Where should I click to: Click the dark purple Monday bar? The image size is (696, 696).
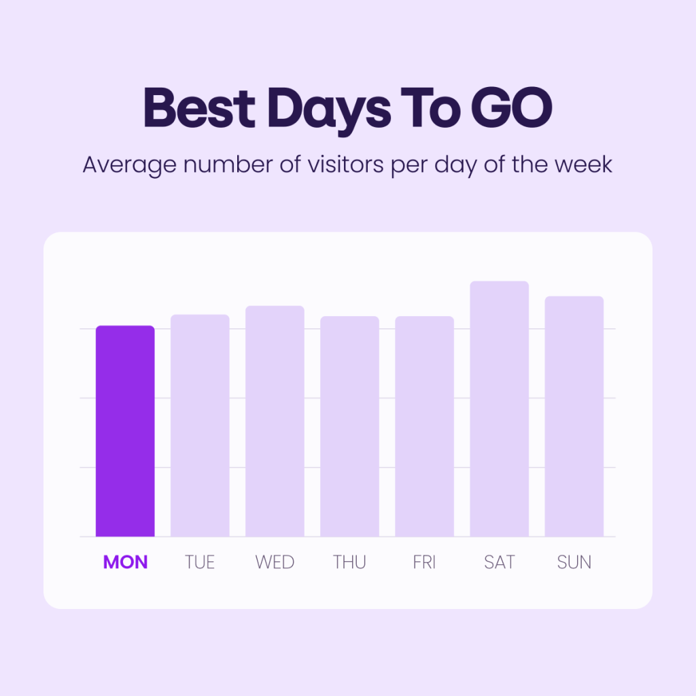(x=125, y=431)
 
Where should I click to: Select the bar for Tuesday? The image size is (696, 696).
(x=201, y=425)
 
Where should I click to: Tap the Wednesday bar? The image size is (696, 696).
(x=275, y=421)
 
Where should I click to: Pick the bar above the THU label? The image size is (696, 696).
(x=350, y=427)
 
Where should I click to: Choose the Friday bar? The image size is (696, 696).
(x=424, y=427)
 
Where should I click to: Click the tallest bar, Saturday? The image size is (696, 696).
(x=500, y=408)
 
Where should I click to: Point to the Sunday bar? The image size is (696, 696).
(x=574, y=417)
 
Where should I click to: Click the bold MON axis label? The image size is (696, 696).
(x=125, y=562)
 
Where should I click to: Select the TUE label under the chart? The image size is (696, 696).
(x=200, y=562)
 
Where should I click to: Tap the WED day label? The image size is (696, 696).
(x=275, y=562)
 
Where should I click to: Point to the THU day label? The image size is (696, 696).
(x=349, y=562)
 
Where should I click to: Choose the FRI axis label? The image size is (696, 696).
(x=424, y=562)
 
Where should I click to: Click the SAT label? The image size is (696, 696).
(x=500, y=562)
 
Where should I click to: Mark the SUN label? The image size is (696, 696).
(x=574, y=562)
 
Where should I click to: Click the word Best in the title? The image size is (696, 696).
(x=199, y=107)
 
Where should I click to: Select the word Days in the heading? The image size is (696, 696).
(x=329, y=111)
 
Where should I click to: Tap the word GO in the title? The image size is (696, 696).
(x=511, y=107)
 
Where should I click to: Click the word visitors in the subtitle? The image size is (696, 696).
(x=345, y=164)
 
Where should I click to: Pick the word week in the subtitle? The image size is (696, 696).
(x=584, y=164)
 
